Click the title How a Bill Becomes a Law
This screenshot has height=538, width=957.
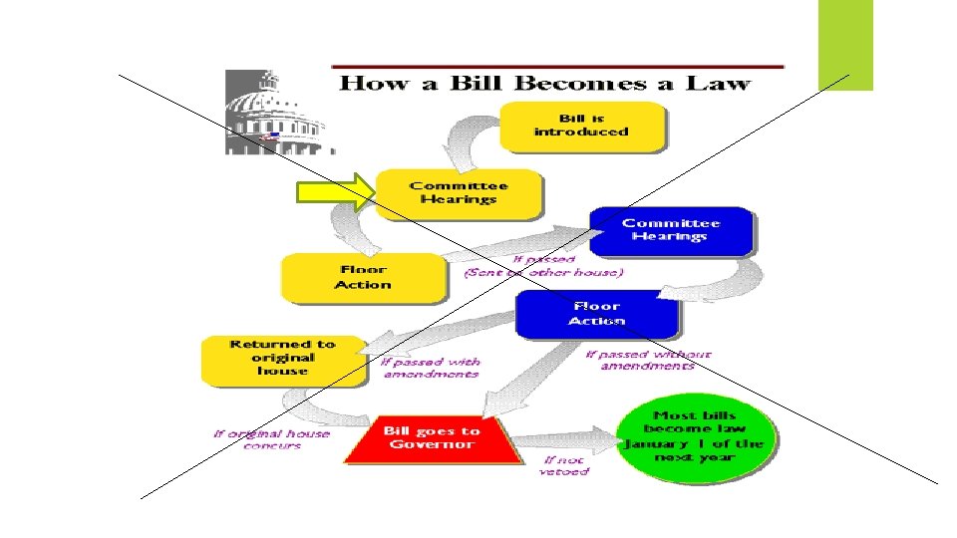point(544,82)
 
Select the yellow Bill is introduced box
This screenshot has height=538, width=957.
point(581,126)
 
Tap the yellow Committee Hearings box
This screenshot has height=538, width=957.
point(459,193)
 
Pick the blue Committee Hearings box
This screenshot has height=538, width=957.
point(670,231)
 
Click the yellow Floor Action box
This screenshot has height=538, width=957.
point(362,278)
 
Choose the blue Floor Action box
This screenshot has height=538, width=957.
point(596,315)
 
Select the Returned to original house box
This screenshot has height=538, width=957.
point(283,359)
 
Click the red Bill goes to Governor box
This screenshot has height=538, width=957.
point(432,439)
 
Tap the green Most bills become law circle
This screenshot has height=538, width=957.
point(694,437)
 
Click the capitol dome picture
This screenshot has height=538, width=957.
point(275,114)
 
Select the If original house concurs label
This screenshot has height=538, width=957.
point(271,439)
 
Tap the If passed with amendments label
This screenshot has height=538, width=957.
point(431,368)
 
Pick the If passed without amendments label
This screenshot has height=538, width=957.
point(648,360)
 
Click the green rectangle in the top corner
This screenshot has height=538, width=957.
point(845,44)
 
